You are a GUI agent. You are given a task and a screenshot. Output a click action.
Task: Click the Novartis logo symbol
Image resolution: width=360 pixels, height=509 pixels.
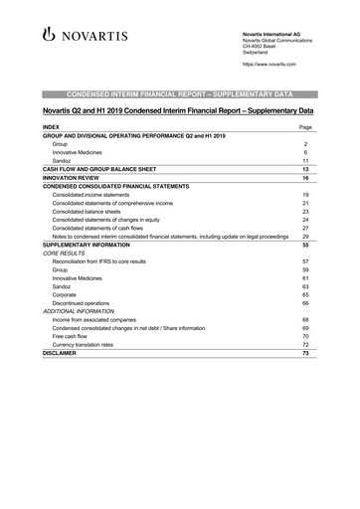52,37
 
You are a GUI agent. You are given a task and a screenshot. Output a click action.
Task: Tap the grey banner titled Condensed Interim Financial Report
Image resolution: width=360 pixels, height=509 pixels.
179,91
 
